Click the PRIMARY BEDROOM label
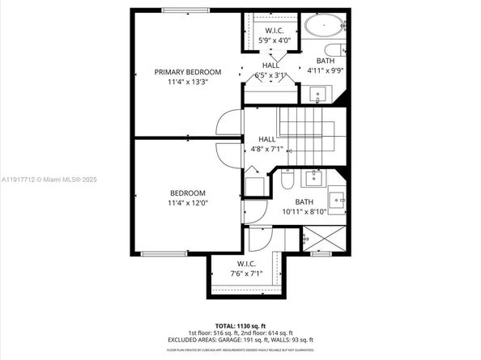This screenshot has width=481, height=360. point(187,72)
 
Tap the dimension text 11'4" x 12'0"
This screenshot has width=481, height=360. point(187,203)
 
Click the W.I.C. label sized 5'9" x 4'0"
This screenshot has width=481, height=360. point(272,35)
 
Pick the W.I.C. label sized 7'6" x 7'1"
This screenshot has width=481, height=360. point(246,269)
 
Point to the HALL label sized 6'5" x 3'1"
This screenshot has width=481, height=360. point(270,70)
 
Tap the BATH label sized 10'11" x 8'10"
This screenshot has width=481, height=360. point(304,207)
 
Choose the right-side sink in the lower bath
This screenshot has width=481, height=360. point(336,197)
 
